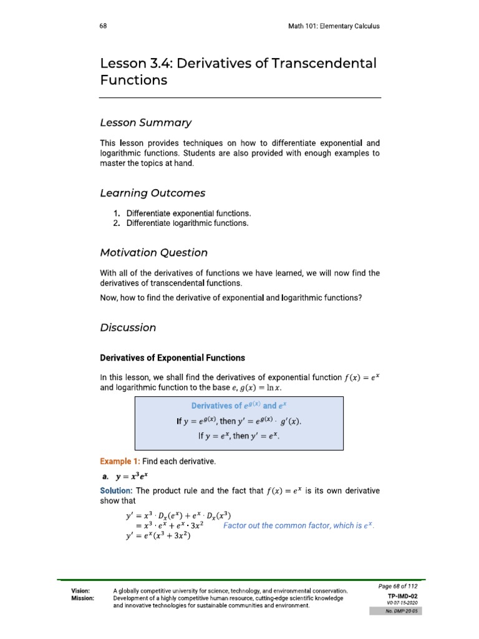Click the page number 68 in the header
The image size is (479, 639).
click(x=104, y=26)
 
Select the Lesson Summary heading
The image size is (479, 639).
click(x=146, y=122)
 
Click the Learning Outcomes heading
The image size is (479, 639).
click(x=153, y=193)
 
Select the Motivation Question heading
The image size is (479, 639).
click(x=154, y=253)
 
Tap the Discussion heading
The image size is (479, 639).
click(x=128, y=328)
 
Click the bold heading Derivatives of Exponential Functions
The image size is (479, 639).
click(x=173, y=358)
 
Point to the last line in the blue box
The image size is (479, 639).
click(x=239, y=436)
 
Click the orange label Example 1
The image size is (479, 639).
click(x=120, y=461)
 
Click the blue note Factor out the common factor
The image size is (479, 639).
click(x=298, y=526)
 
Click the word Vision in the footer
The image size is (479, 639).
click(x=81, y=590)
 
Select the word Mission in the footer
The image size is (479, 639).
click(x=83, y=598)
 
